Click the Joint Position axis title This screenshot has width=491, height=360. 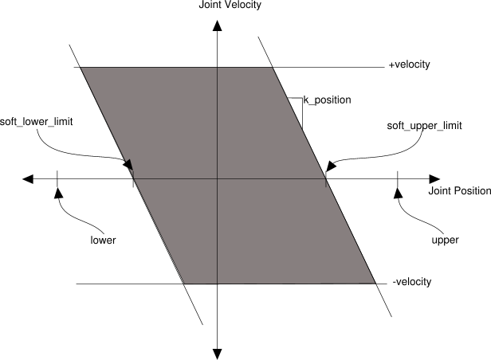point(458,192)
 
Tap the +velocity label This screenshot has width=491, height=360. point(410,65)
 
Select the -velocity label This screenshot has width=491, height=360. point(412,282)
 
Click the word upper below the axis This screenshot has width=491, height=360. point(444,239)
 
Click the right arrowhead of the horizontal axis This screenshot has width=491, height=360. point(434,179)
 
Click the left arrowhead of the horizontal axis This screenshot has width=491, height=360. point(29,179)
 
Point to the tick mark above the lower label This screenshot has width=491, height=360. point(58,180)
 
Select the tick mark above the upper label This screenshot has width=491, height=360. point(397,180)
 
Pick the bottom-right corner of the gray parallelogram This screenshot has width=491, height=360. point(375,283)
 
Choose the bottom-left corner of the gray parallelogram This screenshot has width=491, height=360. point(185,284)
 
